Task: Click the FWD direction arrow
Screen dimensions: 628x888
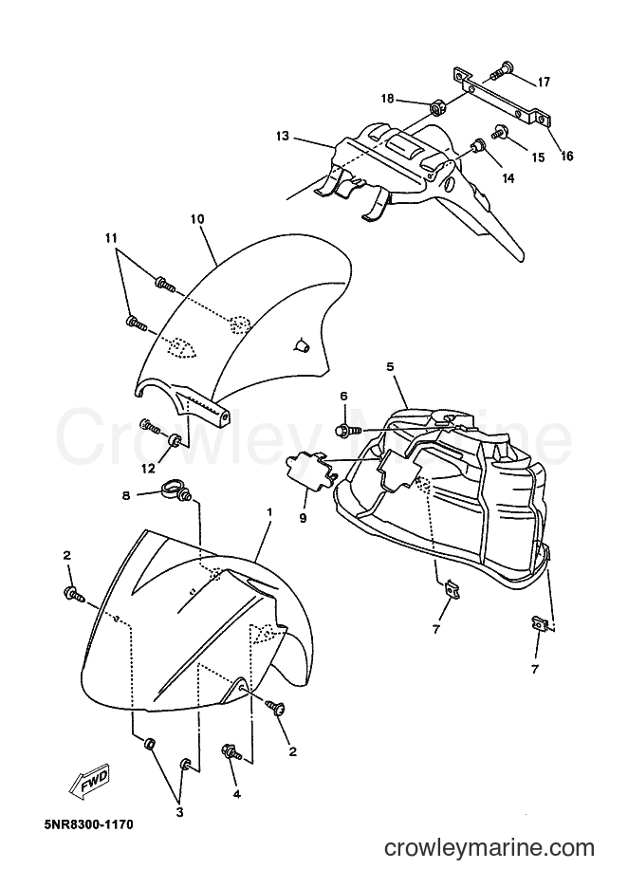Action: pyautogui.click(x=89, y=782)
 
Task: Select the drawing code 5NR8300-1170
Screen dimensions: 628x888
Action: pyautogui.click(x=88, y=824)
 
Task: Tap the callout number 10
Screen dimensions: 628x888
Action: pyautogui.click(x=197, y=218)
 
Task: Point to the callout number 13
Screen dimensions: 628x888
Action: pyautogui.click(x=283, y=136)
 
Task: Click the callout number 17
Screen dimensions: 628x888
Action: pyautogui.click(x=544, y=83)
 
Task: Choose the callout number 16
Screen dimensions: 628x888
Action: pyautogui.click(x=566, y=156)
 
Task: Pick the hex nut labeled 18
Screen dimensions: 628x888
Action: pyautogui.click(x=436, y=106)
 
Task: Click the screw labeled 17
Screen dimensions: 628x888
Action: pyautogui.click(x=502, y=70)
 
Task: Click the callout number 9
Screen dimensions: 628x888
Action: pyautogui.click(x=303, y=518)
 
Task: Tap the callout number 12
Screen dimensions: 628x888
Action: pyautogui.click(x=148, y=469)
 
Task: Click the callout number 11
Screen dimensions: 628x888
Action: pyautogui.click(x=110, y=237)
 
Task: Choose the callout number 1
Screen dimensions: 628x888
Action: pyautogui.click(x=269, y=512)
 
